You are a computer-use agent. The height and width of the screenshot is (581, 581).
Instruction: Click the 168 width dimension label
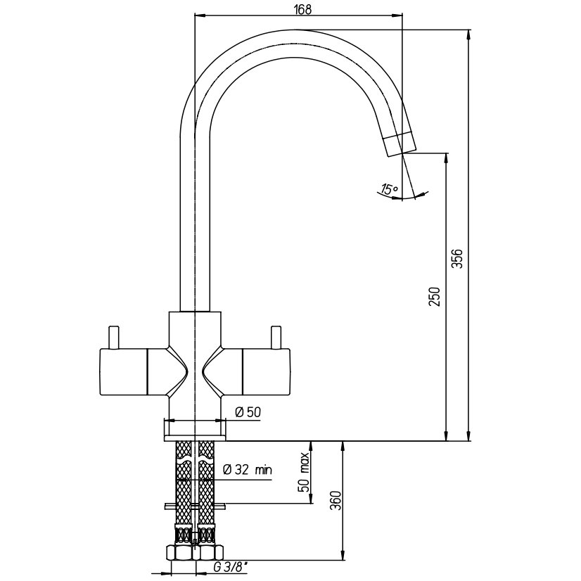[303, 9]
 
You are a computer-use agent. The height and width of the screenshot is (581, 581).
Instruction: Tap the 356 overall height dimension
[458, 258]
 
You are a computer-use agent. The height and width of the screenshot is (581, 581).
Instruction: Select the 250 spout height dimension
[435, 296]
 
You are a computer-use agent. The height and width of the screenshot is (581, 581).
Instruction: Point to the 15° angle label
[389, 190]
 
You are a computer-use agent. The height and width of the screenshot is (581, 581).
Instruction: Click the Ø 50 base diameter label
[248, 411]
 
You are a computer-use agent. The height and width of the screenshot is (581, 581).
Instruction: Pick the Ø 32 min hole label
[248, 470]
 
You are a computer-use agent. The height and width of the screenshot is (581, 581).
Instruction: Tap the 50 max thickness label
[304, 472]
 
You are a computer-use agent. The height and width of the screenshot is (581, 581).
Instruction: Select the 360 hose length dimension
[336, 501]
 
